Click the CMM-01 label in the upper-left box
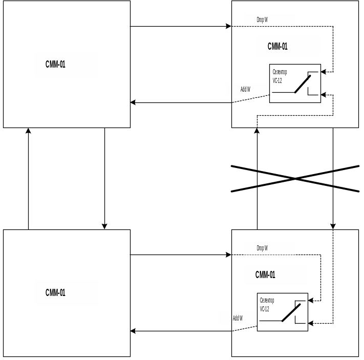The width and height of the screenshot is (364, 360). (55, 65)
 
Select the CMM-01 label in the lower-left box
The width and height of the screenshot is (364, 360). (55, 293)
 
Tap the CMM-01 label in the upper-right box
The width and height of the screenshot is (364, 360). (277, 47)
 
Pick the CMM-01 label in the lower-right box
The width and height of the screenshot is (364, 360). (265, 275)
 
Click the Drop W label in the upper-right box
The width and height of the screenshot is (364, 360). (262, 20)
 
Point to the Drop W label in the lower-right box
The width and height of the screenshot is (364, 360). (262, 248)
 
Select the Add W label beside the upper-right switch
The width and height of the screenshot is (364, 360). (245, 90)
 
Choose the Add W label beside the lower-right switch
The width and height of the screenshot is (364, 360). (238, 318)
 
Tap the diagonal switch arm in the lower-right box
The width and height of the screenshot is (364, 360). (291, 312)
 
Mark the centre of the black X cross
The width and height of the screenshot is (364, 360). (295, 179)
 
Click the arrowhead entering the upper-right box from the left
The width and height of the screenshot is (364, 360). (228, 26)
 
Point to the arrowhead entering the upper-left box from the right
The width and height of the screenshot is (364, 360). (133, 102)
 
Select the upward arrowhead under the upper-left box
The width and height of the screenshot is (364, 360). (28, 131)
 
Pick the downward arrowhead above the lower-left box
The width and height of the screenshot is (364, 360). (104, 226)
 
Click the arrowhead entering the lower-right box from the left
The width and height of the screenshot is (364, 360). (228, 255)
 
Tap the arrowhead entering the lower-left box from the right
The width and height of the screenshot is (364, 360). (133, 331)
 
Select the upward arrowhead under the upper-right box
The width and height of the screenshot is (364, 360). (257, 131)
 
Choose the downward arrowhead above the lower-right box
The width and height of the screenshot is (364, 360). (333, 226)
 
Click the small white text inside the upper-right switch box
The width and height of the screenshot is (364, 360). (280, 76)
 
